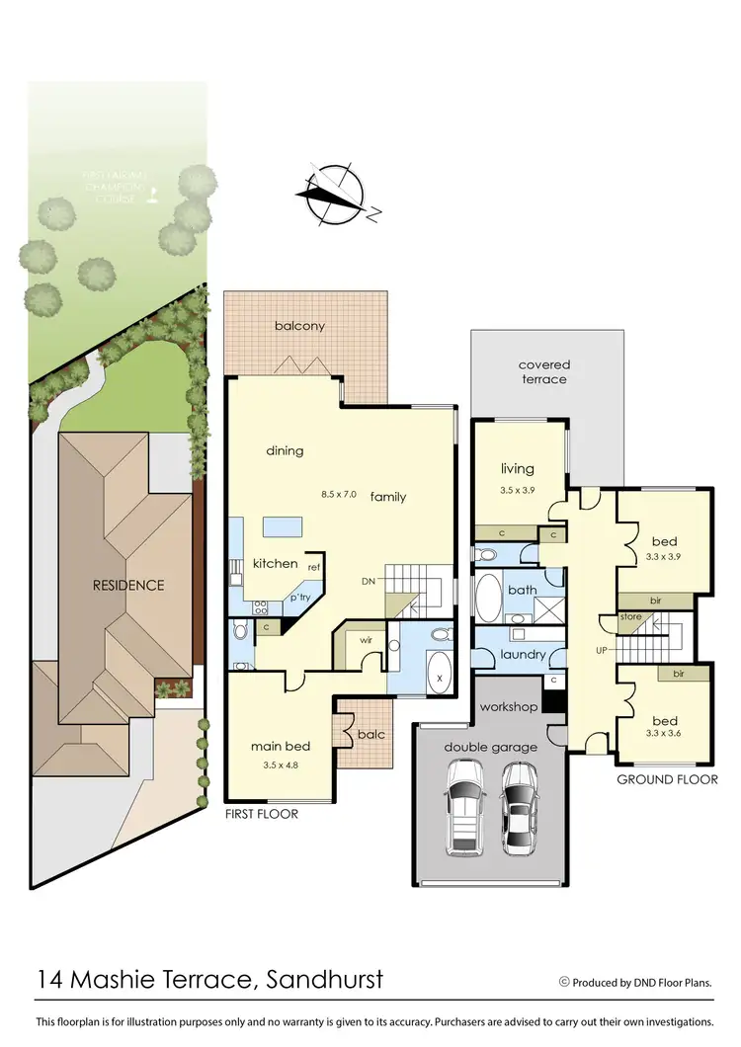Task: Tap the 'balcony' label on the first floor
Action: (x=300, y=326)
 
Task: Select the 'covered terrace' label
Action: (x=544, y=371)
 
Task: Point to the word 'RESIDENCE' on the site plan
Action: (x=127, y=585)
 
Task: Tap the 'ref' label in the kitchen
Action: (x=314, y=567)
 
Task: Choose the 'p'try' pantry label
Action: (x=299, y=599)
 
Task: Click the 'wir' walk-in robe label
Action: (x=365, y=639)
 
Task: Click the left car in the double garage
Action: (x=467, y=808)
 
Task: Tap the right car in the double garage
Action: (x=518, y=807)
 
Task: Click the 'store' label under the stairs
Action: (x=630, y=617)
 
